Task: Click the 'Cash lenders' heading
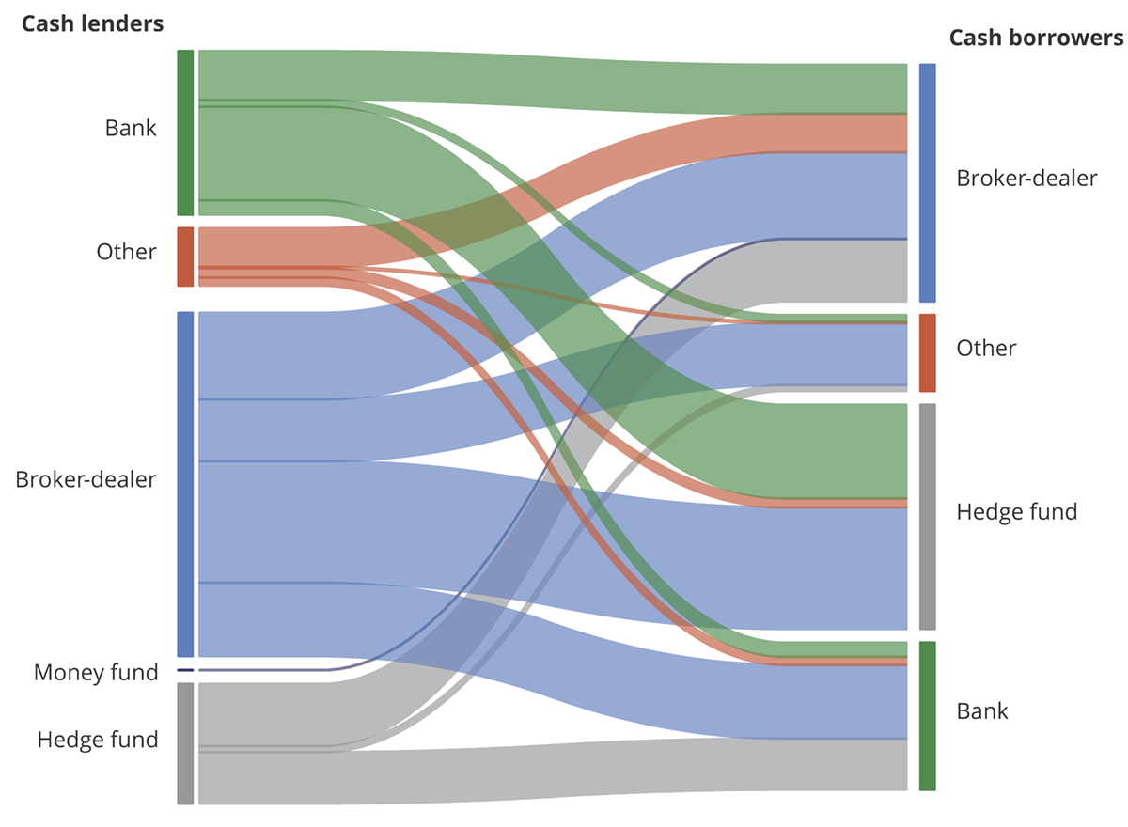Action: pyautogui.click(x=92, y=24)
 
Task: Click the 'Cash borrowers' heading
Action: pyautogui.click(x=1036, y=38)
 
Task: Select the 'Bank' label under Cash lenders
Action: pyautogui.click(x=131, y=128)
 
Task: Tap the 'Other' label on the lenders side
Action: pyautogui.click(x=126, y=252)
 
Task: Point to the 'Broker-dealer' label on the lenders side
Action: pyautogui.click(x=86, y=479)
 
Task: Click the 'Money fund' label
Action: pyautogui.click(x=96, y=673)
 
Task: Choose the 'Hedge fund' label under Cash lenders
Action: pyautogui.click(x=98, y=740)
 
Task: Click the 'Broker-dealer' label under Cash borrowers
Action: pyautogui.click(x=1026, y=179)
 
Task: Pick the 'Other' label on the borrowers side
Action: pyautogui.click(x=986, y=349)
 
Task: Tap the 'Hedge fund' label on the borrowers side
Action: pyautogui.click(x=1016, y=512)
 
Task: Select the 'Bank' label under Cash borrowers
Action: pyautogui.click(x=982, y=711)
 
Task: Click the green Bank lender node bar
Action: pyautogui.click(x=185, y=133)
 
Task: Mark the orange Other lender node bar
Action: pyautogui.click(x=185, y=257)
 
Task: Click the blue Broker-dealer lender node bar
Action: pyautogui.click(x=185, y=484)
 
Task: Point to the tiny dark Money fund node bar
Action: pyautogui.click(x=185, y=670)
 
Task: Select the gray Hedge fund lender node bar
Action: pyautogui.click(x=185, y=743)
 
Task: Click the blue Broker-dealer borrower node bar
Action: pyautogui.click(x=927, y=182)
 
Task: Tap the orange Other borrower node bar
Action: pyautogui.click(x=927, y=352)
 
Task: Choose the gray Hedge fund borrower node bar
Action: pyautogui.click(x=927, y=516)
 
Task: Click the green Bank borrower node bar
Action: pyautogui.click(x=927, y=715)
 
